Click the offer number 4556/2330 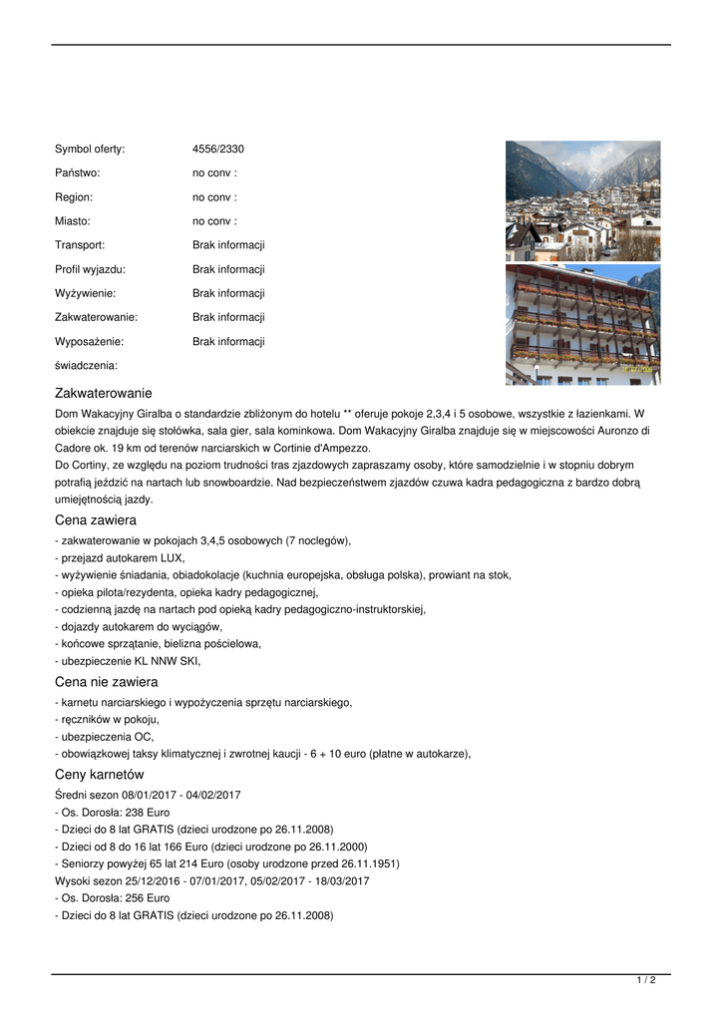218,150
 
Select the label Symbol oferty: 90,150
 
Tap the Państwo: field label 78,173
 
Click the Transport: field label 80,245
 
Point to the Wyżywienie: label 85,293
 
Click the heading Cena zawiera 96,520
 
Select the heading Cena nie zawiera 106,682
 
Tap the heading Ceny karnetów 100,774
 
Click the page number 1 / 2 646,981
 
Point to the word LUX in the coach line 171,558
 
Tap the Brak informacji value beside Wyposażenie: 228,341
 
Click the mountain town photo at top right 582,200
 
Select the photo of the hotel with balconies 582,324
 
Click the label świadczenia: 86,366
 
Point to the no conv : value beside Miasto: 214,221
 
